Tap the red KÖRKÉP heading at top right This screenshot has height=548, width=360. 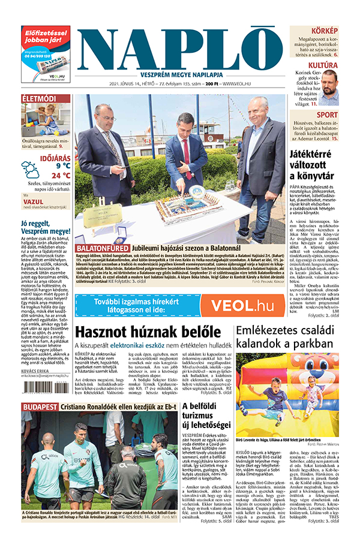tap(325, 30)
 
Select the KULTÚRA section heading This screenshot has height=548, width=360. tap(323, 65)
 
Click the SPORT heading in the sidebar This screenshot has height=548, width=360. tap(327, 115)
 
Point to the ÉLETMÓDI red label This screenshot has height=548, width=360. tap(40, 98)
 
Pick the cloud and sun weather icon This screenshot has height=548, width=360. tap(31, 170)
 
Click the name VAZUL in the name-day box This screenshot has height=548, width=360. tap(36, 202)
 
